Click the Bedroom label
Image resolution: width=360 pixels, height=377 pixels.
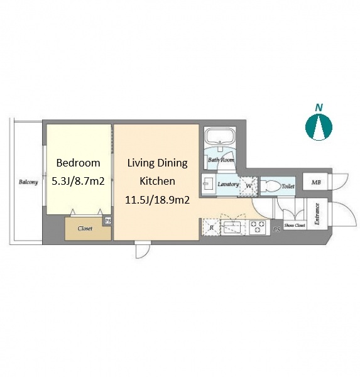(78, 163)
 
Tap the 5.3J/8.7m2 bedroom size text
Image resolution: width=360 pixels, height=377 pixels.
(78, 181)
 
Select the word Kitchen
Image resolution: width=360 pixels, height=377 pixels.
(157, 181)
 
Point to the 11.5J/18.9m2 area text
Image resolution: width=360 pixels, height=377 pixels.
(157, 200)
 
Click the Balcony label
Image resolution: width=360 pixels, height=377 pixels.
(28, 182)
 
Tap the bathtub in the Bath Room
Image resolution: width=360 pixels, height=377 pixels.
(219, 137)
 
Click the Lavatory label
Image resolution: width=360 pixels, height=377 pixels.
(228, 184)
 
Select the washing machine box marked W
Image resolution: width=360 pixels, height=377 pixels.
(248, 186)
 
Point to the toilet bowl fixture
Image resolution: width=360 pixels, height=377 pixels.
(271, 186)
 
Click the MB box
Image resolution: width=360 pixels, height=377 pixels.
(316, 182)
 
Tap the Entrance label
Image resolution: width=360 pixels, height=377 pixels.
(317, 214)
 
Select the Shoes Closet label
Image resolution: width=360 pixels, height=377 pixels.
(295, 226)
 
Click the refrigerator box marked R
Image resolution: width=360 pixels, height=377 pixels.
(211, 227)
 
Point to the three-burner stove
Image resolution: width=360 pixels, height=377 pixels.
(258, 227)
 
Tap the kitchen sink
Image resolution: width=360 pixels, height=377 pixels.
(232, 227)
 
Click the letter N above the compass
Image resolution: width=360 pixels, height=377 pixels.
(319, 107)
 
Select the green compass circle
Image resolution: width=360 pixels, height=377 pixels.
(319, 127)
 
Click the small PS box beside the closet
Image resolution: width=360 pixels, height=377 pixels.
(107, 221)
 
